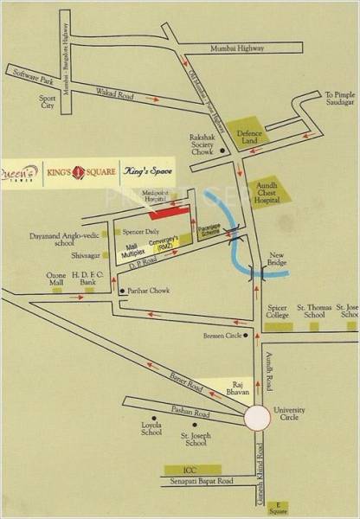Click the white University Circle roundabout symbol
(257, 419)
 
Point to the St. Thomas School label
(311, 311)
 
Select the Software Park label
(25, 81)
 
